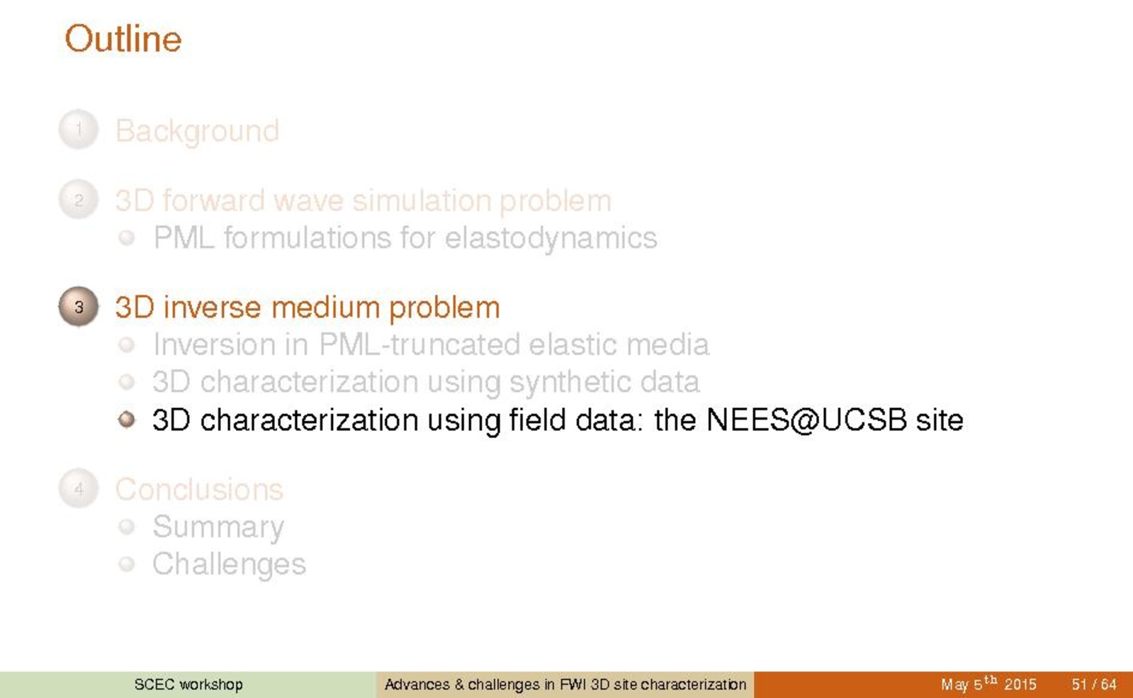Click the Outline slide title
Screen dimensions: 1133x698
[x=123, y=39]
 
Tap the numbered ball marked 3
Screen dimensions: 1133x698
[x=79, y=307]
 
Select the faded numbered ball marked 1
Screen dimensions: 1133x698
[x=79, y=130]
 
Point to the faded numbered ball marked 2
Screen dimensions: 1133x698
[x=79, y=199]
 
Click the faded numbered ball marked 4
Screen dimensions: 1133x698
[x=79, y=488]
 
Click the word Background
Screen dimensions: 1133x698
[x=197, y=132]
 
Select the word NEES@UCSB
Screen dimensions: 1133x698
[x=806, y=420]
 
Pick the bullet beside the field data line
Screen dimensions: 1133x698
[x=126, y=420]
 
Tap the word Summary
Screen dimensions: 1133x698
[x=218, y=527]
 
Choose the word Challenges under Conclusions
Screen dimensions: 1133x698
[x=229, y=564]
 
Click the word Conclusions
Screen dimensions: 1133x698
[x=199, y=489]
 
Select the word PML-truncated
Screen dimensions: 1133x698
[x=419, y=344]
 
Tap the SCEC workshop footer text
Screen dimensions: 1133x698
[x=188, y=685]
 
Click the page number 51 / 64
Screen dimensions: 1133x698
[x=1093, y=685]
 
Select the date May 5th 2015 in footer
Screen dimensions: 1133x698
[x=988, y=684]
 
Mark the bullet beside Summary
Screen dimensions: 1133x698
[x=126, y=527]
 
